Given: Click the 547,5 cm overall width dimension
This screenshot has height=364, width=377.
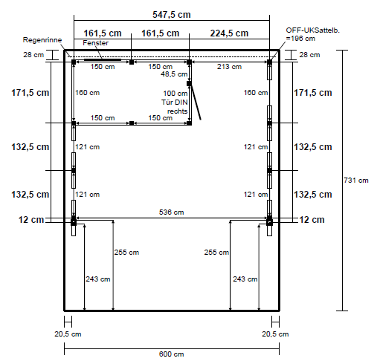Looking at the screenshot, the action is [172, 15].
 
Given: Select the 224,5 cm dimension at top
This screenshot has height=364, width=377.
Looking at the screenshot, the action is [229, 33].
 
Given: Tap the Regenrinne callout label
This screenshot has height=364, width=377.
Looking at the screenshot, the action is [42, 40].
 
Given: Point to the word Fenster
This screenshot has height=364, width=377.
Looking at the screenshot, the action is [95, 43].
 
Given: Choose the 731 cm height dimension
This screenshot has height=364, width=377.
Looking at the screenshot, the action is [356, 181].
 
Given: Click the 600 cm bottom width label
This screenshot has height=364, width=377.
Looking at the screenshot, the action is [172, 354].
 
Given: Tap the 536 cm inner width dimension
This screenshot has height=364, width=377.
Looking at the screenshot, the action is [172, 212].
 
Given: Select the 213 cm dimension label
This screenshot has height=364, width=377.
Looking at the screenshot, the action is [229, 67].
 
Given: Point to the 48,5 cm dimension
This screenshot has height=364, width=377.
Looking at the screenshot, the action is [174, 74].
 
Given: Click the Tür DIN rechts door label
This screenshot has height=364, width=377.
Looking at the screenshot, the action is [175, 107].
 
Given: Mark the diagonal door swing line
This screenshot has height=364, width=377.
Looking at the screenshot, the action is [196, 102].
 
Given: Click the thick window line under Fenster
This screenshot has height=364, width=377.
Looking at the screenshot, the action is [103, 59].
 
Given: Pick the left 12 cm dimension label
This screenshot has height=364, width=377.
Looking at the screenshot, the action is [31, 220].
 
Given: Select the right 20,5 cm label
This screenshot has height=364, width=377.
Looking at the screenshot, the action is [275, 334].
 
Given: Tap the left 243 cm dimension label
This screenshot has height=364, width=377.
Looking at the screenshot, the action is [98, 279].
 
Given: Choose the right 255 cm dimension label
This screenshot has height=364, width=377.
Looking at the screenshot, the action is [216, 253].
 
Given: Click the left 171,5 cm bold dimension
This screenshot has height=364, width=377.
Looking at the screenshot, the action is [30, 93].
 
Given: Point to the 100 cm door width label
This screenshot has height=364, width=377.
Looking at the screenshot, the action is [175, 94].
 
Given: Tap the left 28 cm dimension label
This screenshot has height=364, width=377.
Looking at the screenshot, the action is [33, 55].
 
